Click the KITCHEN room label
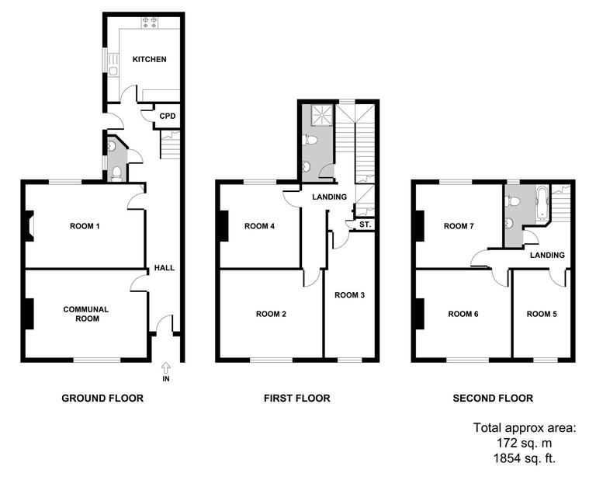(149, 60)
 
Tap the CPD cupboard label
(168, 117)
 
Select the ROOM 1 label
(85, 226)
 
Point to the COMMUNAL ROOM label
(85, 314)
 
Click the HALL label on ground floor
(164, 268)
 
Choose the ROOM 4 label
(260, 227)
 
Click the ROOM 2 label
(271, 315)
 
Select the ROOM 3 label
(349, 295)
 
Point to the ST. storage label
(362, 225)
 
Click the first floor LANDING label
(329, 197)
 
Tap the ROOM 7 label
(459, 227)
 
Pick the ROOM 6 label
(463, 315)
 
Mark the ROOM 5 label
(542, 315)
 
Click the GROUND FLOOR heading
(102, 399)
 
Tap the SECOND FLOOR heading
(493, 399)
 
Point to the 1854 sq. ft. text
(525, 458)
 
